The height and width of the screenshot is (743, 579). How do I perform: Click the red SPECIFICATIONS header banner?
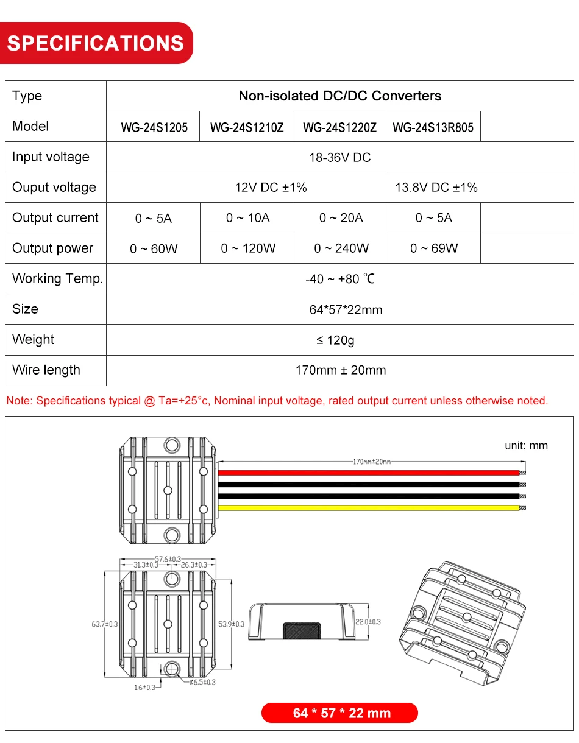pyautogui.click(x=96, y=43)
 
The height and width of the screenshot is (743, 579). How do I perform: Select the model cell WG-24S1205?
pyautogui.click(x=154, y=127)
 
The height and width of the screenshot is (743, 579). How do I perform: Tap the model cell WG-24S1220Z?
pyautogui.click(x=339, y=127)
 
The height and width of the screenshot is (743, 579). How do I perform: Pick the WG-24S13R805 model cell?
pyautogui.click(x=433, y=127)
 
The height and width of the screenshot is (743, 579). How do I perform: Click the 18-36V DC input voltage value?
pyautogui.click(x=339, y=158)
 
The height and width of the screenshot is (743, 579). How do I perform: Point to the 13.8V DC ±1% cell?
pyautogui.click(x=436, y=188)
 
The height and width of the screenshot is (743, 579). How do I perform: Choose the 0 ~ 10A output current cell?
pyautogui.click(x=247, y=218)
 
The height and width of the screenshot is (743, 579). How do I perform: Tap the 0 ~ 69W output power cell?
pyautogui.click(x=434, y=248)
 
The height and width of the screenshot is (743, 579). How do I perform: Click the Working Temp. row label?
pyautogui.click(x=57, y=279)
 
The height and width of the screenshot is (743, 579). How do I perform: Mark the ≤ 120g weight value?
pyautogui.click(x=335, y=340)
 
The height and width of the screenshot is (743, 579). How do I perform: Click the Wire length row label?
pyautogui.click(x=46, y=370)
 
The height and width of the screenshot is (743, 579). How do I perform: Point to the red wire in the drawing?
pyautogui.click(x=366, y=473)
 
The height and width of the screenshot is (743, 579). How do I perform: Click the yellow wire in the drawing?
pyautogui.click(x=366, y=507)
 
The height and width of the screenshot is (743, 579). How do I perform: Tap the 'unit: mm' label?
pyautogui.click(x=526, y=446)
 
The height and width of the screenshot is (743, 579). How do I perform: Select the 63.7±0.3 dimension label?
pyautogui.click(x=104, y=624)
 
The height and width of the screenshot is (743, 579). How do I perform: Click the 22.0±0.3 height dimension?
pyautogui.click(x=368, y=622)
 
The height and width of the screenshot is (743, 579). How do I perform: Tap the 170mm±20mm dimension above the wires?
pyautogui.click(x=372, y=462)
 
